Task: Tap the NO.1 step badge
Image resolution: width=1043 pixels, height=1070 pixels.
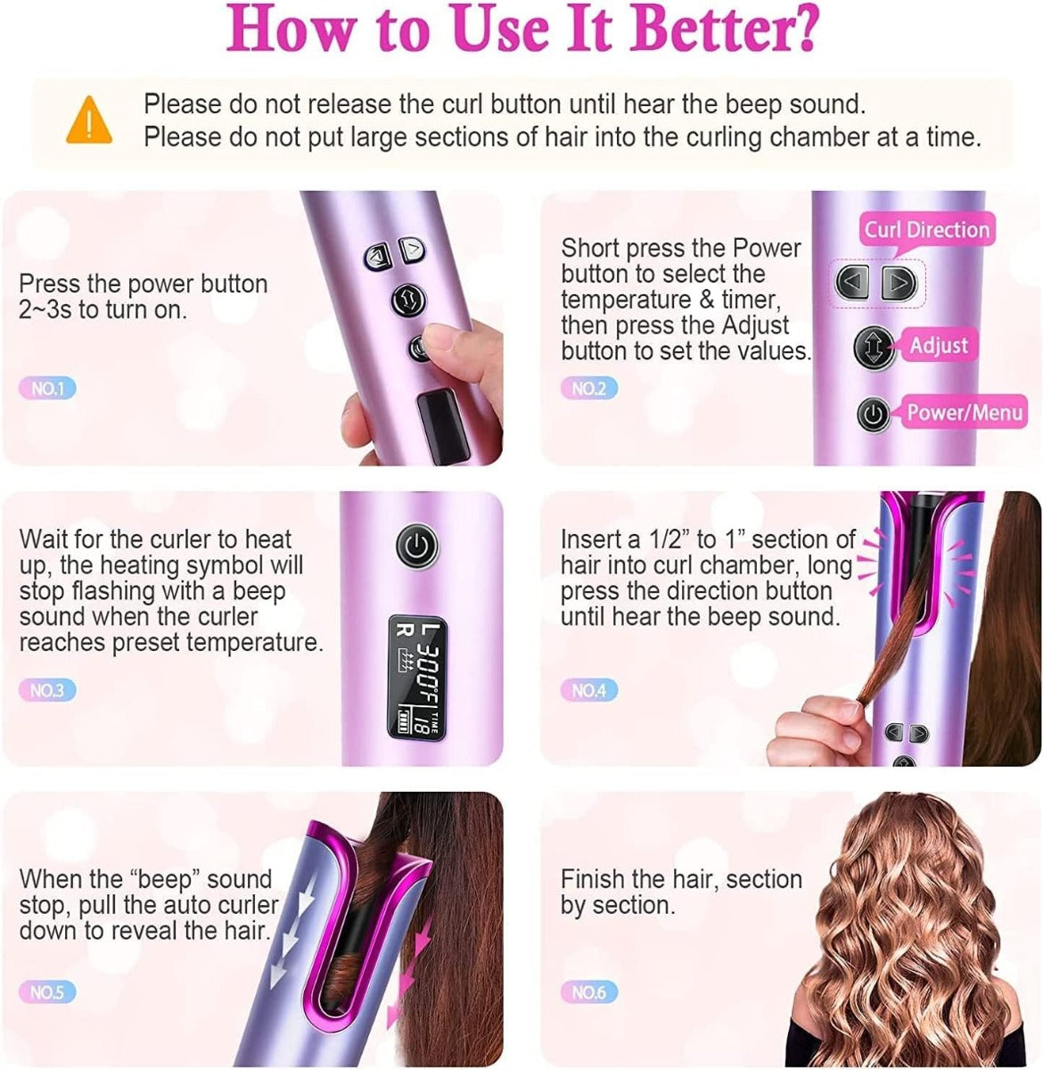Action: (x=47, y=388)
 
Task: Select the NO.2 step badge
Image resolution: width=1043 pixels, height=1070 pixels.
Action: (x=588, y=388)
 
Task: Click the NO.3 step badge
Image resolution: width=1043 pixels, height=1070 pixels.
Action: (x=47, y=689)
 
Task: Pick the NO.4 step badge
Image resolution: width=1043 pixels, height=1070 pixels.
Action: (x=588, y=689)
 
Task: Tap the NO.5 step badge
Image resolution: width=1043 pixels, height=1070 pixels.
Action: (x=47, y=992)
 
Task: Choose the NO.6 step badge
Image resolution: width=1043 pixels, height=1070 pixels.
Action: (x=588, y=992)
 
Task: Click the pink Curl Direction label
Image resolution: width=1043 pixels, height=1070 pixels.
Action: (x=926, y=229)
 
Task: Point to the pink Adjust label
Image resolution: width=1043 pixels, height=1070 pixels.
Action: (x=938, y=345)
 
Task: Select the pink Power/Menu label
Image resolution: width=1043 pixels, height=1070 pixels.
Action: (x=964, y=412)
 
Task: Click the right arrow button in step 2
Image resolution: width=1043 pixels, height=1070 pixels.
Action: (x=899, y=283)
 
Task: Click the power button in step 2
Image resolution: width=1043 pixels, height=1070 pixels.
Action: (x=874, y=415)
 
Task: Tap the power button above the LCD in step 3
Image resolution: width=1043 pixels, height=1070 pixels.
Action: (x=416, y=545)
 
